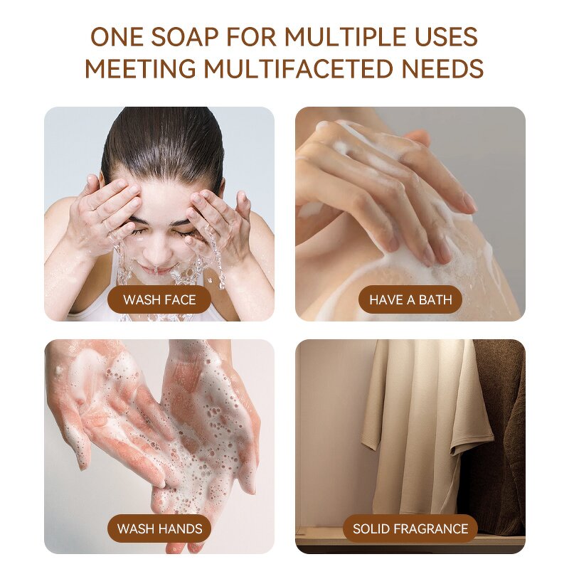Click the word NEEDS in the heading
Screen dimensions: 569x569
click(442, 69)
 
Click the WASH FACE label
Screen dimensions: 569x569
click(159, 299)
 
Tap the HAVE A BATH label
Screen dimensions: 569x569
click(410, 299)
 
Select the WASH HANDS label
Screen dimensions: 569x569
click(159, 528)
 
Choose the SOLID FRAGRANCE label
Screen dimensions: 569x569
click(410, 528)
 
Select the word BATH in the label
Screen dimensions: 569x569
click(435, 299)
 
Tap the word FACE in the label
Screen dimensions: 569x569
click(180, 299)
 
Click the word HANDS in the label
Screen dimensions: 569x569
click(179, 528)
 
